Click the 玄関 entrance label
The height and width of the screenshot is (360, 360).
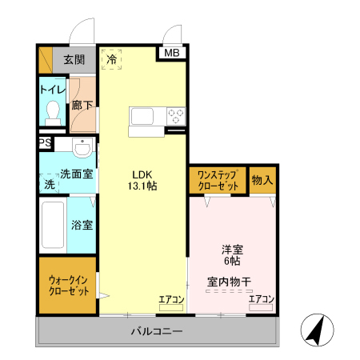tap(74, 59)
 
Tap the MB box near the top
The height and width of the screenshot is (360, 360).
tap(172, 54)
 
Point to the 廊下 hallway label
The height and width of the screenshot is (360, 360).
tap(82, 105)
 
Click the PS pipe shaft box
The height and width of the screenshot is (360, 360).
tap(44, 143)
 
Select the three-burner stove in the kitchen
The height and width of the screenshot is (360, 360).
tap(175, 117)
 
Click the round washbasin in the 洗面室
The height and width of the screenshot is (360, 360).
tap(81, 149)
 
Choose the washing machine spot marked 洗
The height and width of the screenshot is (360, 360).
tap(49, 184)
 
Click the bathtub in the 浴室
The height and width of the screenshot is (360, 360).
tap(53, 226)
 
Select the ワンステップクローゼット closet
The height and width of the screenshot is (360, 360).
tap(217, 180)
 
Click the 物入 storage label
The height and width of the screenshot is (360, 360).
tap(262, 180)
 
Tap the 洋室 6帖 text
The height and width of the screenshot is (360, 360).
tap(233, 255)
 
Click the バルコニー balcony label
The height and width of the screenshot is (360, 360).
tap(157, 331)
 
